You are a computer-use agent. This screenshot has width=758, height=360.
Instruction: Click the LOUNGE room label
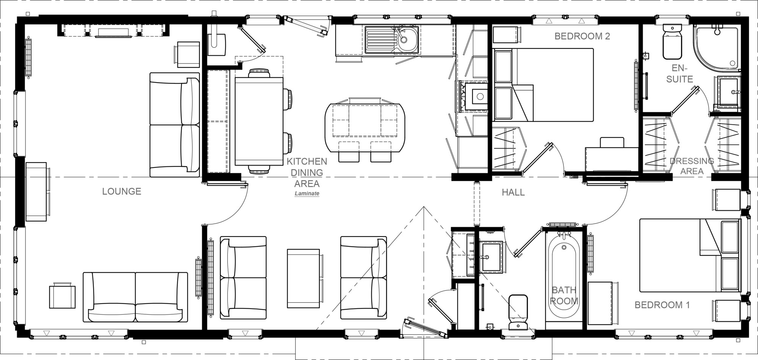click(122, 191)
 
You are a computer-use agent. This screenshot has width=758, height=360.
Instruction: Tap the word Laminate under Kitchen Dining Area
click(307, 194)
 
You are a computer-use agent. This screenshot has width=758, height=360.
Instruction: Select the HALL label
click(513, 193)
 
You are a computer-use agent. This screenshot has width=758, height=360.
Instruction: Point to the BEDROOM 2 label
click(582, 36)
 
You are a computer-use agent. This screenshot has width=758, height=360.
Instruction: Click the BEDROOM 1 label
click(662, 305)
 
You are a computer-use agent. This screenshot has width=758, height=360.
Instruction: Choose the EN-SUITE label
click(680, 74)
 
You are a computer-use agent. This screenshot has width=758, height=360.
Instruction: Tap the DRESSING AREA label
click(692, 166)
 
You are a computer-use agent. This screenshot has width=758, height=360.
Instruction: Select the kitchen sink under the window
click(392, 39)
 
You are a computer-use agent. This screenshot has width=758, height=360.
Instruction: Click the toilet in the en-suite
click(672, 42)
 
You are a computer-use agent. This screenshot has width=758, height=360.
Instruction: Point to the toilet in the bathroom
click(518, 313)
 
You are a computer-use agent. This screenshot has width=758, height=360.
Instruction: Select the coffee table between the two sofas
click(303, 279)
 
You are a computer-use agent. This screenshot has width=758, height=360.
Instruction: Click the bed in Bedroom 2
click(543, 85)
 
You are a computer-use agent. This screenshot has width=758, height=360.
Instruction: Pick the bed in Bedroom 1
click(690, 255)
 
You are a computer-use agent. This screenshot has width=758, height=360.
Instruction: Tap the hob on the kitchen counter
click(473, 97)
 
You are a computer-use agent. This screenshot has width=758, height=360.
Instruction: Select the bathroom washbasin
click(491, 257)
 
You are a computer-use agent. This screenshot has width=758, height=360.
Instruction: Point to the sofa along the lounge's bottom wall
click(135, 297)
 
